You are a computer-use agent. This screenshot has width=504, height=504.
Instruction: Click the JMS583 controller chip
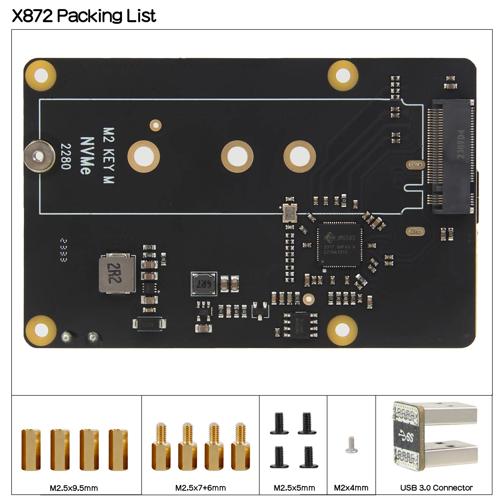coord(339,245)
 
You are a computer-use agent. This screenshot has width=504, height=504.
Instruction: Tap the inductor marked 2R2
coord(117,273)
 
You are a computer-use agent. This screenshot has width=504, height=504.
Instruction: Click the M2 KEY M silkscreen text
coord(109,155)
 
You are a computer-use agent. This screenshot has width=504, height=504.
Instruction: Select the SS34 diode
coord(148,325)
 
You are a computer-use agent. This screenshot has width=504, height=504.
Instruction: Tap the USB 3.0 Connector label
coord(436,488)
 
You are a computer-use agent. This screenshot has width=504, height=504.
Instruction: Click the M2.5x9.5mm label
coord(74,488)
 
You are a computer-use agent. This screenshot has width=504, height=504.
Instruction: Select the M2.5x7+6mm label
coord(200,488)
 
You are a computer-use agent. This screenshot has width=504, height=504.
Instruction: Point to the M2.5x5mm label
coord(294,488)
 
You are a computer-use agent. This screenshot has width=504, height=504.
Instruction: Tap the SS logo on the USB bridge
coord(406,437)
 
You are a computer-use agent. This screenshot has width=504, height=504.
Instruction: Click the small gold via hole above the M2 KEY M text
coord(155,125)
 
